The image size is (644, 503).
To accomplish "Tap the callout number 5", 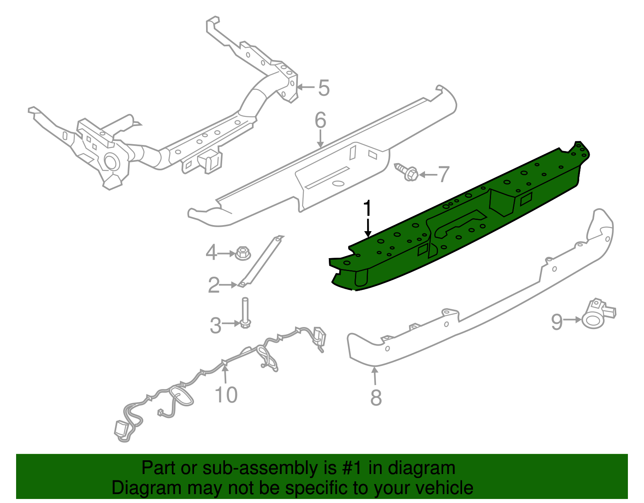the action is click(324, 88).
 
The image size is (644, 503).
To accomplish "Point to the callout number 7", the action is click(444, 174).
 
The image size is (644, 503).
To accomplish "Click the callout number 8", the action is click(376, 398).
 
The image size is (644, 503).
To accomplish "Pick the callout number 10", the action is click(226, 395).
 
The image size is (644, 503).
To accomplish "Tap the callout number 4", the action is click(211, 253).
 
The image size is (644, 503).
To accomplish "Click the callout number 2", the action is click(214, 285).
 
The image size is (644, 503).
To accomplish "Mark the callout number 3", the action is click(215, 325).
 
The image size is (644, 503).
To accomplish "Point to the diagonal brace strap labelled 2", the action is click(260, 261).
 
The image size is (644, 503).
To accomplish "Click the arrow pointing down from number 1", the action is click(368, 228).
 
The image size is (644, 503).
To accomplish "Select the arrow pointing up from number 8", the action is click(375, 376).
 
